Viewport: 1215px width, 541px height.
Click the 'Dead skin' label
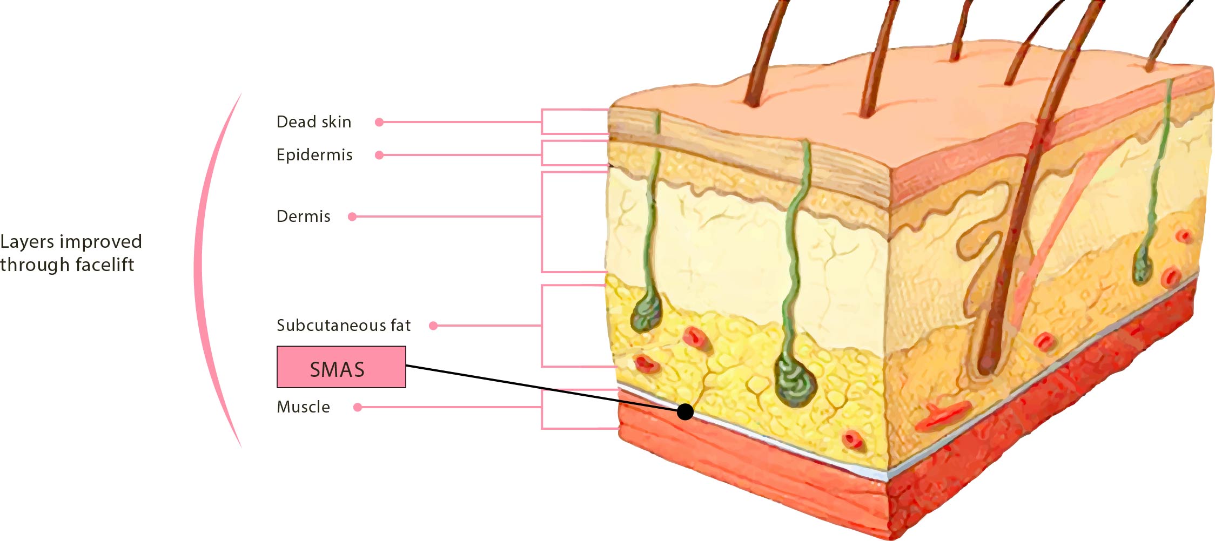click(314, 122)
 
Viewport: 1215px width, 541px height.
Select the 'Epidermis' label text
click(314, 155)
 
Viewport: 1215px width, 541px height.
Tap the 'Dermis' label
click(303, 217)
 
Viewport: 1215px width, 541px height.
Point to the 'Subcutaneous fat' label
click(344, 325)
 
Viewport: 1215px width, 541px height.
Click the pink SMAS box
click(341, 367)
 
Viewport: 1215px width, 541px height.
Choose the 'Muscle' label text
click(303, 407)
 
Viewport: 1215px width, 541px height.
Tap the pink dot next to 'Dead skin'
click(379, 123)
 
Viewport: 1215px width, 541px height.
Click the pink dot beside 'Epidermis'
click(379, 155)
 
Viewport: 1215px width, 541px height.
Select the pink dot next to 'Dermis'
click(352, 217)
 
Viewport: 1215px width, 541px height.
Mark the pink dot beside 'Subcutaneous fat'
click(433, 326)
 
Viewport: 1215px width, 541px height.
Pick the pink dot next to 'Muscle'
click(357, 407)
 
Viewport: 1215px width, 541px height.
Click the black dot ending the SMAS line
click(685, 412)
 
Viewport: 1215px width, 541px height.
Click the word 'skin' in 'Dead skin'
click(337, 122)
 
